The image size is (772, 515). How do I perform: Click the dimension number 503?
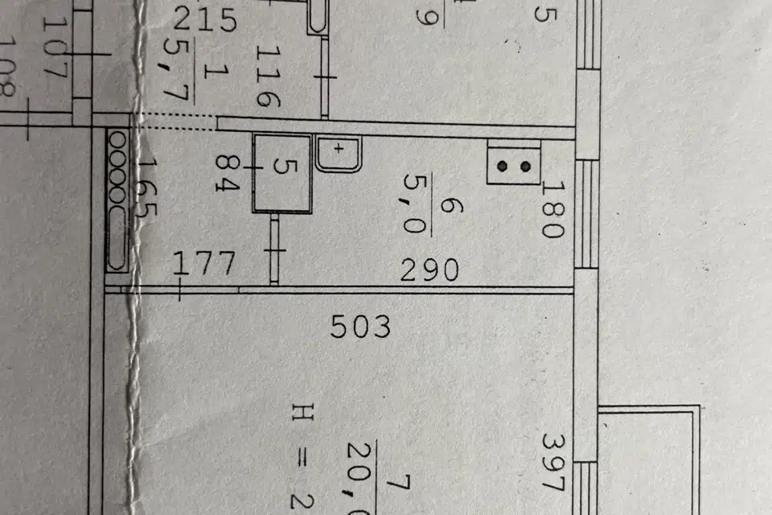click(361, 327)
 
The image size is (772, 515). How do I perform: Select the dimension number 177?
click(206, 263)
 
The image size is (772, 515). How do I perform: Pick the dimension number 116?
click(267, 76)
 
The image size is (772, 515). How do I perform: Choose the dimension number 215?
click(206, 19)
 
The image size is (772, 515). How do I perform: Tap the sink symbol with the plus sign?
click(339, 152)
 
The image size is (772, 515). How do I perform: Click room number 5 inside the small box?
click(281, 167)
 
